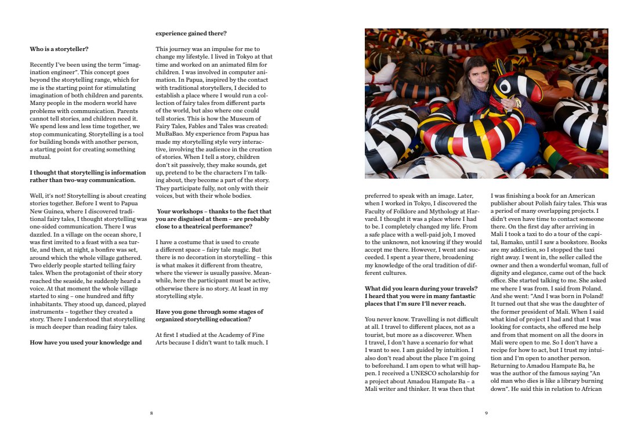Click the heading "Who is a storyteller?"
coord(59,49)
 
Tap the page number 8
coord(151,413)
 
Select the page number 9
coord(487,413)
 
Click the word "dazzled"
coord(42,234)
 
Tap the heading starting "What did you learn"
coord(421,288)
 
